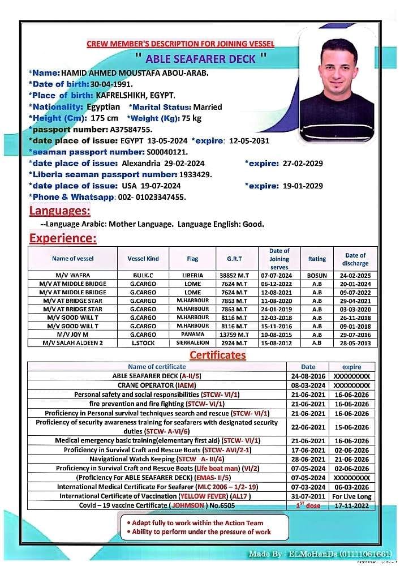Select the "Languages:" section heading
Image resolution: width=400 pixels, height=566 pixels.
coord(59,211)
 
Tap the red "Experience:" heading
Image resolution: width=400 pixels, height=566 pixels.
coord(63,238)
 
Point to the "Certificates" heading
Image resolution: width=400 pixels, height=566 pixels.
coord(217,355)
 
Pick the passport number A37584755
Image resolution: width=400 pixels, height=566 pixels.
coord(131,129)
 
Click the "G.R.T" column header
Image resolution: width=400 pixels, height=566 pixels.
coord(234,259)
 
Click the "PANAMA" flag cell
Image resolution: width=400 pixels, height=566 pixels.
coord(192,334)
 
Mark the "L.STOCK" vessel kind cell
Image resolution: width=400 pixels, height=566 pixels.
coord(143,342)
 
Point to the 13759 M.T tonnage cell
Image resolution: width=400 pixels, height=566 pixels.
coord(234,334)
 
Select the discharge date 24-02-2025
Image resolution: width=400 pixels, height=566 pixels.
coord(355,275)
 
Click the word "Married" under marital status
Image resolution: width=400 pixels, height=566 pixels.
coord(208,106)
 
